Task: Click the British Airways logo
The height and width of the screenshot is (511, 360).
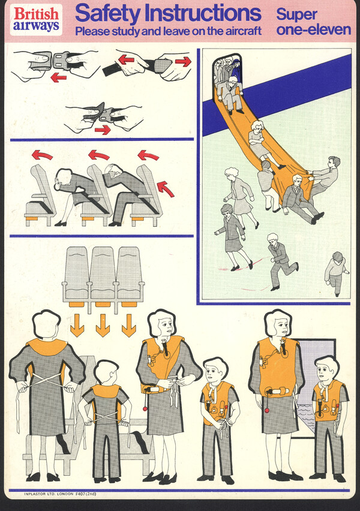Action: pos(36,20)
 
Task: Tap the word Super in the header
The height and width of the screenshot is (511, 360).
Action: pos(296,14)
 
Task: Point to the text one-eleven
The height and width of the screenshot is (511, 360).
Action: pos(313,30)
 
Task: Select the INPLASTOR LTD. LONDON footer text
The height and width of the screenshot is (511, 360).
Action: pos(49,494)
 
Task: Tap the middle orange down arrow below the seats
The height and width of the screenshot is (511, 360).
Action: pos(103,325)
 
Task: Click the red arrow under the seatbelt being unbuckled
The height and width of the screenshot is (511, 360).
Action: pos(59,77)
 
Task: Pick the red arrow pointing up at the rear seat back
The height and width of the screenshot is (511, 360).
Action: pos(166,189)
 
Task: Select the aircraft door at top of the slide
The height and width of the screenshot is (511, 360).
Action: pos(227,74)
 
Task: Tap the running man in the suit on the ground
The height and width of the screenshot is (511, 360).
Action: pos(280,261)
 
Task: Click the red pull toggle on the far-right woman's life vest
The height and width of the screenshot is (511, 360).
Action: pos(267,409)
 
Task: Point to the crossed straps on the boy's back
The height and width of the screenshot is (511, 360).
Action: pos(106,417)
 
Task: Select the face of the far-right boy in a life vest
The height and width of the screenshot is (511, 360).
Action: pos(326,370)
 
